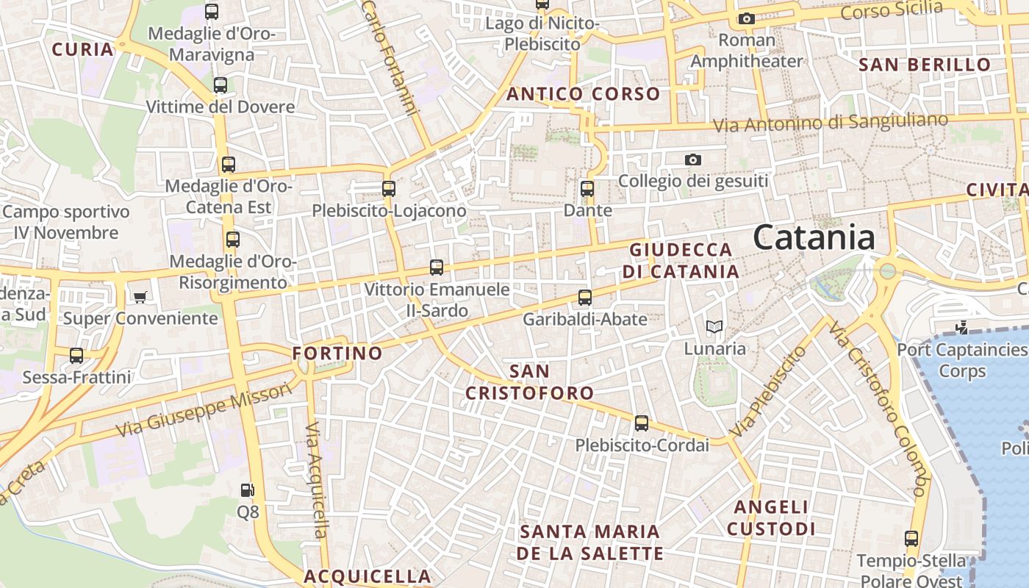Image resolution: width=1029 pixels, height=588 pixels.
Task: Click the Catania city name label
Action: click(814, 238)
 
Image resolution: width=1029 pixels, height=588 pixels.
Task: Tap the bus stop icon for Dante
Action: click(587, 189)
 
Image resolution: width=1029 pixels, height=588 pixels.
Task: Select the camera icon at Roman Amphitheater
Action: click(747, 18)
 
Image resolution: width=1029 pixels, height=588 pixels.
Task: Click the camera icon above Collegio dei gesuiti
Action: click(692, 159)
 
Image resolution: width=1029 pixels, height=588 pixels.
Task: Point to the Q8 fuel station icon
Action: click(248, 490)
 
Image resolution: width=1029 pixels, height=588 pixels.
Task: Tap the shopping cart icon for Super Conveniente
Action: click(140, 297)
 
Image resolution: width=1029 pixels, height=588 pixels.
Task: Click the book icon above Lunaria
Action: click(714, 327)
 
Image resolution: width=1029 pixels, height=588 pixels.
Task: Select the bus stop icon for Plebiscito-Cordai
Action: click(642, 423)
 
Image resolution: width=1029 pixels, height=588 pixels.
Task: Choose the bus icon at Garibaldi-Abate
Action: click(585, 298)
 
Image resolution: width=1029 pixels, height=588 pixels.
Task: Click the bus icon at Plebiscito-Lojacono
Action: click(389, 189)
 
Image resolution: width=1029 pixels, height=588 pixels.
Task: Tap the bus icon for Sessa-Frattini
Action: click(76, 356)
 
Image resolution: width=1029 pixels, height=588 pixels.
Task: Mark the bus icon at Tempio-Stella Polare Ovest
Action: click(911, 539)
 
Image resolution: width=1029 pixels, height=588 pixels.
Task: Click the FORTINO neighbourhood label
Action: click(337, 354)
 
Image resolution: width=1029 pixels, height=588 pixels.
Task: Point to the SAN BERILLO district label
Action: click(925, 65)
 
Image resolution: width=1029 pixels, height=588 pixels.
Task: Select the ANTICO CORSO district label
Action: click(583, 94)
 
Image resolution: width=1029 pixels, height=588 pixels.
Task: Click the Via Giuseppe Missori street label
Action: click(204, 409)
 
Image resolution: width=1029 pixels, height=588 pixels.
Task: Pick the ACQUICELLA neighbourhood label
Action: click(367, 576)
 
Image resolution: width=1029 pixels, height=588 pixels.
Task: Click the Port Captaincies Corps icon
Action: click(961, 327)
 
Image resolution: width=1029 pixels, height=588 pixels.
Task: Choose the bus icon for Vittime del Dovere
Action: click(220, 85)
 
